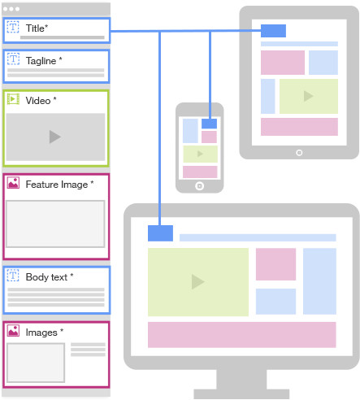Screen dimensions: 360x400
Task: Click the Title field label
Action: point(37,28)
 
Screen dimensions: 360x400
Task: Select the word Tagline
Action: point(41,61)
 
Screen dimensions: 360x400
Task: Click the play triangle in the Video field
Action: point(55,137)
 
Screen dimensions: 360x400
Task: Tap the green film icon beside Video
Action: point(13,99)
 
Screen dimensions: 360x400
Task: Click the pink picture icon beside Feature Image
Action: point(13,183)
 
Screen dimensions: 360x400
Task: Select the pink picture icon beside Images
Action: point(13,331)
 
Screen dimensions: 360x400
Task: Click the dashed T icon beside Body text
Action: point(13,276)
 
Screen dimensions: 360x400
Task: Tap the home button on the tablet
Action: point(299,153)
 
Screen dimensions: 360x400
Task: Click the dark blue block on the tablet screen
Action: point(273,31)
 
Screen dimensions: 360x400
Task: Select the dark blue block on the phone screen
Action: point(209,124)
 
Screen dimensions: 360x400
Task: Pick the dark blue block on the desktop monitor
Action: point(160,233)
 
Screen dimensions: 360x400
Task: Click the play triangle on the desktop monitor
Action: point(197,282)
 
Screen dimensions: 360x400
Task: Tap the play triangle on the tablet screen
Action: point(308,96)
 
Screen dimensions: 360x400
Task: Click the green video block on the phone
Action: point(200,154)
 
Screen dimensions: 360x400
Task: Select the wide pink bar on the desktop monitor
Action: point(242,335)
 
